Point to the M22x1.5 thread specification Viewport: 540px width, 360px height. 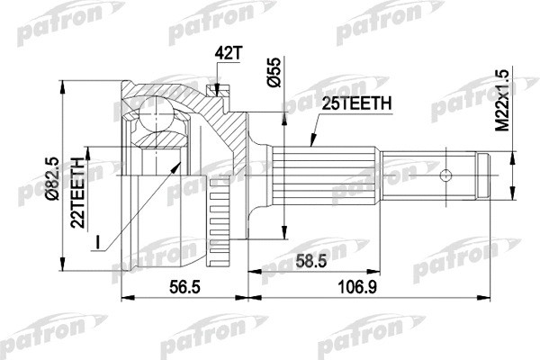click(x=504, y=103)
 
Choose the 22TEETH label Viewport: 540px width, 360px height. click(x=78, y=184)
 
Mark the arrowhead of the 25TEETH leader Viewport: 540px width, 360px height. click(x=310, y=145)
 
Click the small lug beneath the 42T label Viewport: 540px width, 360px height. click(x=214, y=89)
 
